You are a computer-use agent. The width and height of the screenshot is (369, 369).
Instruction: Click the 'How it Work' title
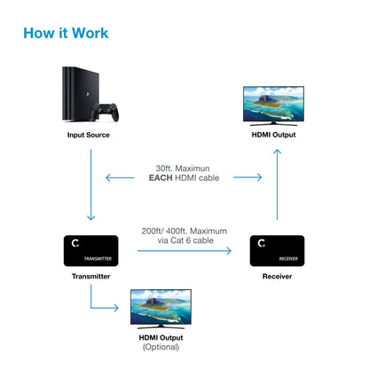tap(66, 34)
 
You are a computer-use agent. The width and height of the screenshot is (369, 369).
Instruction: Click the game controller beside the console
tap(108, 114)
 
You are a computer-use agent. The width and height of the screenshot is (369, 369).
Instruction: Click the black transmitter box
tap(92, 251)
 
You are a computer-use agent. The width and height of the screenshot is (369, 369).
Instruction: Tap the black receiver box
tap(276, 251)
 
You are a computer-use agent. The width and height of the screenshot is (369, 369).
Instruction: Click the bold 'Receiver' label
tap(276, 276)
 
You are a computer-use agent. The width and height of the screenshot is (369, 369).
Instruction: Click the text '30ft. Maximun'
tap(184, 169)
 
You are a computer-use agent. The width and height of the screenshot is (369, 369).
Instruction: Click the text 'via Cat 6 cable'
tap(184, 241)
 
